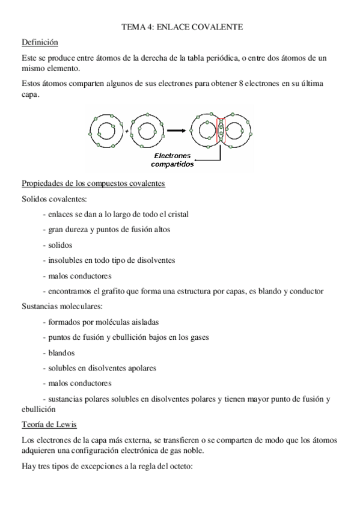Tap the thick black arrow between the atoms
click(175, 130)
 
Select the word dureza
click(81, 229)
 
